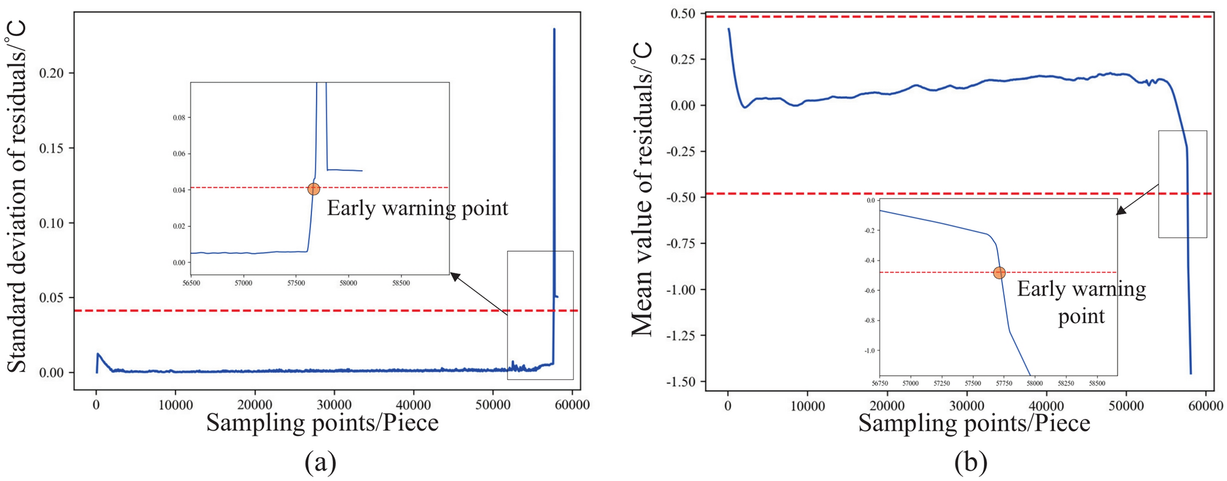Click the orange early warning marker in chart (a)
(x=314, y=189)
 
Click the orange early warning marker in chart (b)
(x=999, y=273)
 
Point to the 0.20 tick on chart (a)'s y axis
(x=56, y=73)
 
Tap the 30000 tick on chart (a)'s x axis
(x=334, y=405)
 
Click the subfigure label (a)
(x=320, y=463)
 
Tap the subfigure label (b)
(x=971, y=463)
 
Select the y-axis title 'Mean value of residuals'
(x=642, y=190)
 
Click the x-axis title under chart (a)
(x=322, y=423)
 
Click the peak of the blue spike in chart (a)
(x=554, y=29)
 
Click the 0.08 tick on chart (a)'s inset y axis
(x=179, y=117)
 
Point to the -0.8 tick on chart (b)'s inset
(x=869, y=321)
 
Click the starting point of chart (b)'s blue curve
(x=728, y=29)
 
